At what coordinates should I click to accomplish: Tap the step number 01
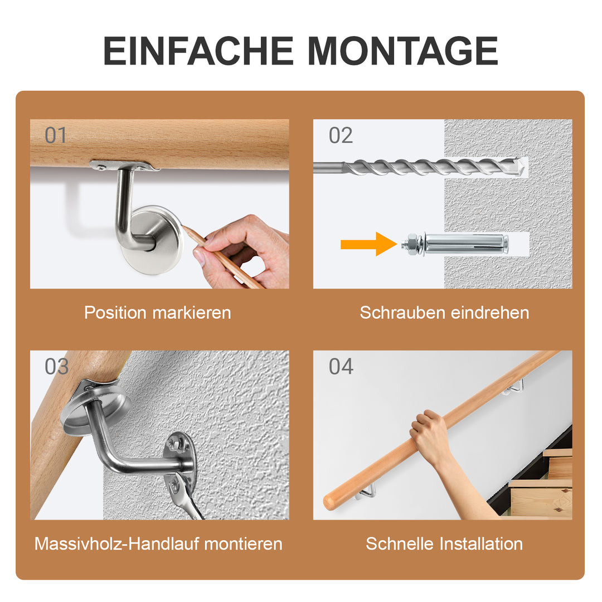(x=56, y=135)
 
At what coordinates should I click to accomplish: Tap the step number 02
(x=341, y=135)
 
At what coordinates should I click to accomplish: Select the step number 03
(x=56, y=367)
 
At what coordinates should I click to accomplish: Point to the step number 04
(x=341, y=367)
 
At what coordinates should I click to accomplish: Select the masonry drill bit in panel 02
(x=424, y=166)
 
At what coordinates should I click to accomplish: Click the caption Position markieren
(x=157, y=313)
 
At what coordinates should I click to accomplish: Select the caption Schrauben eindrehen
(x=444, y=313)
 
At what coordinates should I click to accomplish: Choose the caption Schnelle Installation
(x=444, y=543)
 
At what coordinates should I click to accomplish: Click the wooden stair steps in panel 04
(x=541, y=491)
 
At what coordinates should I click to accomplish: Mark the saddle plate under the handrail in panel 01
(x=124, y=166)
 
